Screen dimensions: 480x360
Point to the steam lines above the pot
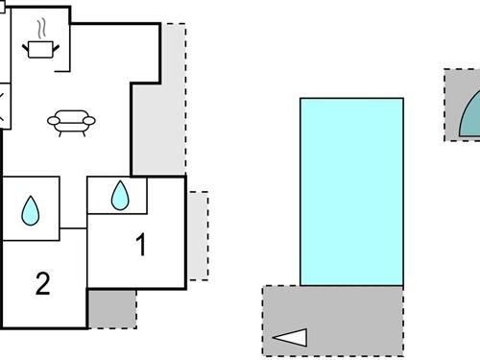(x=41, y=27)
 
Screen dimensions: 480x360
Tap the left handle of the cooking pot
(x=26, y=42)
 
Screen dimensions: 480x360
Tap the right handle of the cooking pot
(x=56, y=42)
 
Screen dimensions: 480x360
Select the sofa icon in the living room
(x=70, y=121)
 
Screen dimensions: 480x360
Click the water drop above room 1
(x=119, y=196)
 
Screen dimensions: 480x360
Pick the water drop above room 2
(x=31, y=210)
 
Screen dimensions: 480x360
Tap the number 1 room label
(x=142, y=247)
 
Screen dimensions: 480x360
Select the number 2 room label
(x=42, y=283)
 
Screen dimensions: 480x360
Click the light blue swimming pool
(x=351, y=191)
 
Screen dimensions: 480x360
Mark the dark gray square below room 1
(x=111, y=307)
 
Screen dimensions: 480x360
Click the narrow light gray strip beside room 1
(x=198, y=235)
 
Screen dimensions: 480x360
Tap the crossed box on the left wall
(x=4, y=106)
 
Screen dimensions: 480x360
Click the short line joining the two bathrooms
(x=73, y=228)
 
